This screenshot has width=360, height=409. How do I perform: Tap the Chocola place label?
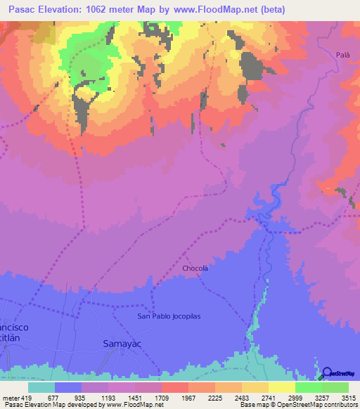(195, 268)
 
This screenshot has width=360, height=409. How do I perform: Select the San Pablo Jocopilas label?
(169, 316)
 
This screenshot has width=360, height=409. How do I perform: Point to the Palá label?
(343, 54)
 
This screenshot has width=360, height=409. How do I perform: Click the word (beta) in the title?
(300, 9)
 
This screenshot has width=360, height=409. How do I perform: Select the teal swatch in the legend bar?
(41, 387)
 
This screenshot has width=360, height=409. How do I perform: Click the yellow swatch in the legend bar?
(281, 387)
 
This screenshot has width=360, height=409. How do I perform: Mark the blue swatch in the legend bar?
(68, 387)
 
